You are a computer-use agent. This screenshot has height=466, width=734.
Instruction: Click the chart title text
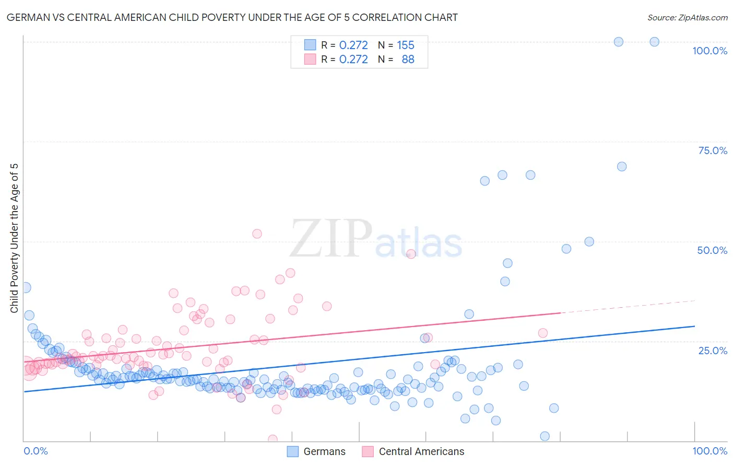point(232,17)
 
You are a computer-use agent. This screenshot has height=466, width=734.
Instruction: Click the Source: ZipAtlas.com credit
point(687,17)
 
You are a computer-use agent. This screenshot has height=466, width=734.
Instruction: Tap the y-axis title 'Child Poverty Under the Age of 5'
point(14,238)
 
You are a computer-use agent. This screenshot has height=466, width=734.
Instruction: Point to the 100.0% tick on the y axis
point(709,51)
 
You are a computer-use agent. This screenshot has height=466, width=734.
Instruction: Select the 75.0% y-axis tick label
point(713,150)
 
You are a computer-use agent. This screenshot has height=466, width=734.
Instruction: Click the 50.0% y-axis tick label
point(712,250)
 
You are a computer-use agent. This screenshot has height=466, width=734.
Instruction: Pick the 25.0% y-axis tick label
point(713,350)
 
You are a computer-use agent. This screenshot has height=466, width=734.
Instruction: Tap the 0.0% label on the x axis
point(35,451)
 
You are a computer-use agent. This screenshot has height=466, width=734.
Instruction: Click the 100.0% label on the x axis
point(709,451)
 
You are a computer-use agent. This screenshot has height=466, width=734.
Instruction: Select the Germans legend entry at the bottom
point(317,451)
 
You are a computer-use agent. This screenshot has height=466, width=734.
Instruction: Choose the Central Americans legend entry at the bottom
point(413,451)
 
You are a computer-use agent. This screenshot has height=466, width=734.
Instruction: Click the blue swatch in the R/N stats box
point(310,45)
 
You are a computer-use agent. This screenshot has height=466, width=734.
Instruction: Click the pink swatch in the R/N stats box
point(310,59)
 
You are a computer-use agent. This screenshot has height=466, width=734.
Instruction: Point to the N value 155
point(406,45)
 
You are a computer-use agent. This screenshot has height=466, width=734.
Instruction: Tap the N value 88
point(408,59)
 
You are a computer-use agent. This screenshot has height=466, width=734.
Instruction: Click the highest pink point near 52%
point(257,234)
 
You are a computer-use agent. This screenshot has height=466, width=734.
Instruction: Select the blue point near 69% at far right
point(622,167)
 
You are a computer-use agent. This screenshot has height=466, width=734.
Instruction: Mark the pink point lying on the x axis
point(273,439)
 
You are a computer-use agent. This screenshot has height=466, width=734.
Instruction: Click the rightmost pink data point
point(543,333)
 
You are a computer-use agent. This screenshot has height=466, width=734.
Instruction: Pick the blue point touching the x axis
point(545,436)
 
